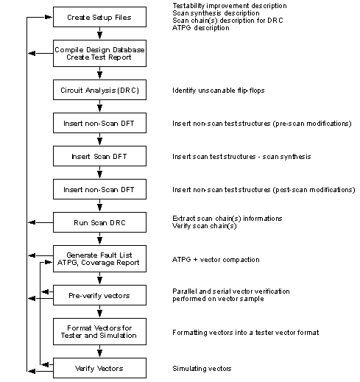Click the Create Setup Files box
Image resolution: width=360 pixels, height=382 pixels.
[99, 17]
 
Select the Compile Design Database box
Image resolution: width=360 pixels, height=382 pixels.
[99, 53]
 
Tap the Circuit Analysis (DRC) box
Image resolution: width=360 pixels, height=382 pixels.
[99, 90]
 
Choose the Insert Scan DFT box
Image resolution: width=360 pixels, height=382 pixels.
[99, 156]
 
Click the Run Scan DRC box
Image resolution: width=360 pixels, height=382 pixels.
[99, 222]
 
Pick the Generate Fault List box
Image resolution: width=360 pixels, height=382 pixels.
[99, 258]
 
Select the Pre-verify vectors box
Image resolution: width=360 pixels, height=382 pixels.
[99, 295]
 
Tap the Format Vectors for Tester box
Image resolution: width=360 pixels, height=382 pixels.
[99, 331]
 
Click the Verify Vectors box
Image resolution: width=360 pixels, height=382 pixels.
[99, 368]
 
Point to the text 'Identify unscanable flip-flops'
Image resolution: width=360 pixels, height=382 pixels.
[219, 91]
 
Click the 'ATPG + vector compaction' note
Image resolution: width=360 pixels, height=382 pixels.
[216, 259]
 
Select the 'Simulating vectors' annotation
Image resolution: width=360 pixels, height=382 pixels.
[202, 369]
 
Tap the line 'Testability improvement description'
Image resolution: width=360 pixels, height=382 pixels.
[230, 6]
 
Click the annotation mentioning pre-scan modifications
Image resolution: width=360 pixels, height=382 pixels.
[262, 124]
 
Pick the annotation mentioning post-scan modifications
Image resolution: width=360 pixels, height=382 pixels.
[264, 190]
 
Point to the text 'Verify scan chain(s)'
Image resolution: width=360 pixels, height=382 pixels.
[205, 226]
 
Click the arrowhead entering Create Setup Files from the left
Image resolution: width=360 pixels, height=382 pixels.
[49, 17]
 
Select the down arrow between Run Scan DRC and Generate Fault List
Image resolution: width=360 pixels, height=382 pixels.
[99, 238]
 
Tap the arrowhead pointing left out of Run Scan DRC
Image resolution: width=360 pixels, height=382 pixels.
[32, 222]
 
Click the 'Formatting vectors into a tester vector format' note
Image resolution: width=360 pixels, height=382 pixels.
[246, 333]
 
